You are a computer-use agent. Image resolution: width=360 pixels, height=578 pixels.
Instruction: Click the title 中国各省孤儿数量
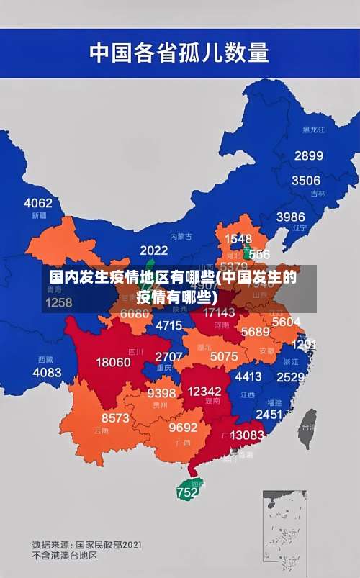tap(179, 53)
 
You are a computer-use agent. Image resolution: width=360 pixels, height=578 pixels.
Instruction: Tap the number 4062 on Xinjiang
tap(38, 202)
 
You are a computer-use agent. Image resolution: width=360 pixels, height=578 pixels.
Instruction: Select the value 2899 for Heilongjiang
tap(308, 155)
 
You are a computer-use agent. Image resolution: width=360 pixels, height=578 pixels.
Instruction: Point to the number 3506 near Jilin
tap(305, 180)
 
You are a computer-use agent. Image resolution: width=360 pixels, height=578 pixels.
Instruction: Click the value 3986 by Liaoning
tap(290, 216)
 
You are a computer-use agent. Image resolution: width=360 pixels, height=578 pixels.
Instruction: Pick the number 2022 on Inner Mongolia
tap(153, 250)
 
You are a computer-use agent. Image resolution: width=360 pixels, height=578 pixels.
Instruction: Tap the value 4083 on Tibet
tap(48, 372)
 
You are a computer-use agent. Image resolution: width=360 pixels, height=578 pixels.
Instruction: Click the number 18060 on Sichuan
tap(114, 362)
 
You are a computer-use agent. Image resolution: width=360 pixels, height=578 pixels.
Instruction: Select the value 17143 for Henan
tap(219, 312)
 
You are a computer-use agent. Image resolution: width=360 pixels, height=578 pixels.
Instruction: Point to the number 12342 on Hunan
tap(204, 391)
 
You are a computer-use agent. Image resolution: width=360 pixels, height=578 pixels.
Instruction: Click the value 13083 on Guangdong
tap(247, 435)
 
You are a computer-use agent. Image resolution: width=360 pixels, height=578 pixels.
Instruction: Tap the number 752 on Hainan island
tap(187, 492)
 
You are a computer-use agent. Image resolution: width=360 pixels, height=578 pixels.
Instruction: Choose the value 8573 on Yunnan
tap(115, 417)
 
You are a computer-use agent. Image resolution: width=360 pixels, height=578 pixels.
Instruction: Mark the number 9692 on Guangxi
tap(183, 427)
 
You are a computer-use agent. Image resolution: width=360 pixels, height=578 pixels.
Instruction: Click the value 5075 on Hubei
tap(224, 356)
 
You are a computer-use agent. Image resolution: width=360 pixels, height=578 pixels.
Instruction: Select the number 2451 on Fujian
tap(269, 414)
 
